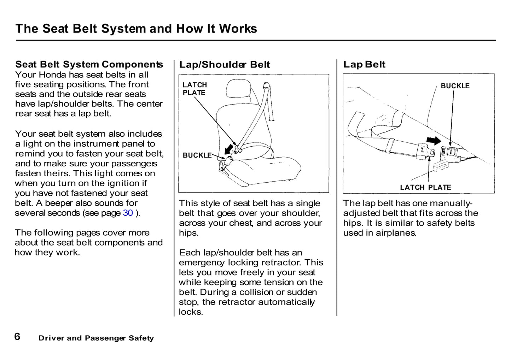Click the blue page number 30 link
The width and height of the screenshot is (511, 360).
coord(128,213)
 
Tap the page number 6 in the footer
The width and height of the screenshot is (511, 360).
coord(17,337)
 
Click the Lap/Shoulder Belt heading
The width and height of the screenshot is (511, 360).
coord(224,65)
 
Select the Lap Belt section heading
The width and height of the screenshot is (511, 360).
coord(364,64)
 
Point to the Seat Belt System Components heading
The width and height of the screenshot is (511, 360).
coord(89,64)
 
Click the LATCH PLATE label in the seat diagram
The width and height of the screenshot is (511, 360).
coord(194,89)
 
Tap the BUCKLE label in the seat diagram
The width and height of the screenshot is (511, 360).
coord(197,155)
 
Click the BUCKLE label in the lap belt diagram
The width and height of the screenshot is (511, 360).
coord(455,86)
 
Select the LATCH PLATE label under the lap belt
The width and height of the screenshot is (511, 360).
coord(425,187)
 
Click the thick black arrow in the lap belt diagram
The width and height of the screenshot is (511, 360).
coord(434,141)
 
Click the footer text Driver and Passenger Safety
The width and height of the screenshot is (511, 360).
coord(96,338)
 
